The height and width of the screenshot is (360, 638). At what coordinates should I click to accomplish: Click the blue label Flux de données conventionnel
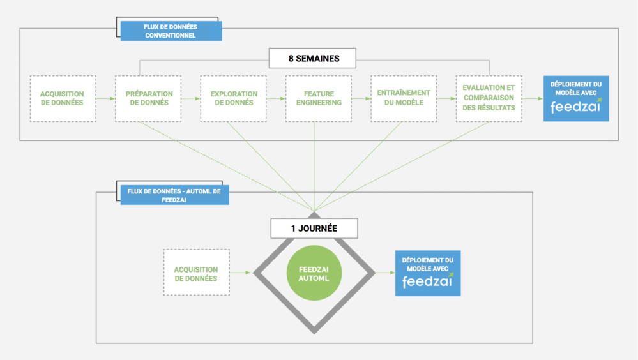pyautogui.click(x=171, y=31)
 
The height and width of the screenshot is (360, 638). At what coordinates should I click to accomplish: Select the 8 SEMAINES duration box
pyautogui.click(x=314, y=59)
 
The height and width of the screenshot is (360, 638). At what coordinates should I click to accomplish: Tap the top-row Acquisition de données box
pyautogui.click(x=63, y=98)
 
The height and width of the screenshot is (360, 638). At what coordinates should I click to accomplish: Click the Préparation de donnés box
pyautogui.click(x=148, y=98)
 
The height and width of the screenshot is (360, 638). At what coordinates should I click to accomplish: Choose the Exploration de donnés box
pyautogui.click(x=233, y=98)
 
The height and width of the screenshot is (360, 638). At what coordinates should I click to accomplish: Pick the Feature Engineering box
pyautogui.click(x=318, y=98)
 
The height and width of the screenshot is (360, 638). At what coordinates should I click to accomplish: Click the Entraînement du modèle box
pyautogui.click(x=404, y=98)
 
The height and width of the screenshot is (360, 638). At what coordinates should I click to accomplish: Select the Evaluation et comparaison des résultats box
pyautogui.click(x=489, y=98)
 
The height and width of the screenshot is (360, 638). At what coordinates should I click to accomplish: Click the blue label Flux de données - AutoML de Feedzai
pyautogui.click(x=174, y=195)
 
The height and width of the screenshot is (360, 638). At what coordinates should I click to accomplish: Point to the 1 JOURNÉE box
pyautogui.click(x=314, y=228)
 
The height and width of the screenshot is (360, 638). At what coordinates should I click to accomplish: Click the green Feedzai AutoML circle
pyautogui.click(x=314, y=273)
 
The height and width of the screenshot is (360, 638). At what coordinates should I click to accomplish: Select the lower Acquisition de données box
pyautogui.click(x=196, y=273)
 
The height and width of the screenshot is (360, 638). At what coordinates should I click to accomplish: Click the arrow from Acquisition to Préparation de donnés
pyautogui.click(x=105, y=99)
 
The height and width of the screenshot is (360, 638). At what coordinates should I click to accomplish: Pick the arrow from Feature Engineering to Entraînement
pyautogui.click(x=360, y=99)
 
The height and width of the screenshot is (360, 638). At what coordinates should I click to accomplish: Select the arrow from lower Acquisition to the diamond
pyautogui.click(x=241, y=273)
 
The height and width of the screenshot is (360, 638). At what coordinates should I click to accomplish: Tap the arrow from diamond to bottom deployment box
pyautogui.click(x=385, y=273)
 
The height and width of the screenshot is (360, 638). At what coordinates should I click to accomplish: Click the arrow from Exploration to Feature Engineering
pyautogui.click(x=275, y=99)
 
